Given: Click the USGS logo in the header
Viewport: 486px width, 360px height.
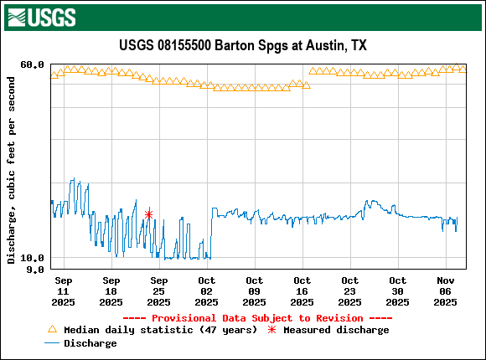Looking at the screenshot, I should point(41,16).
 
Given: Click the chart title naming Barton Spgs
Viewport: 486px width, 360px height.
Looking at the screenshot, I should point(242,45).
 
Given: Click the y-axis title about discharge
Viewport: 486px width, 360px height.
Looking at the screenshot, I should point(12,170).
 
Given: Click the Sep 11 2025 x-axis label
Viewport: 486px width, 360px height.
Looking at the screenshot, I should point(63,291).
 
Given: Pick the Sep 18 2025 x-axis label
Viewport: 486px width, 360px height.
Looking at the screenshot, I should point(111,291).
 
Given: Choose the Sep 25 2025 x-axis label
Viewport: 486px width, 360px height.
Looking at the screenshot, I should point(158,291).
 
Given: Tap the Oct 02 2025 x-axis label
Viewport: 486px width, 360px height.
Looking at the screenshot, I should point(206,291).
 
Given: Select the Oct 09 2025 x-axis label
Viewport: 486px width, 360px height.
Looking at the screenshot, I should point(254,291).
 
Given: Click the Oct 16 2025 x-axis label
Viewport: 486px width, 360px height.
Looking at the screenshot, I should point(302,291).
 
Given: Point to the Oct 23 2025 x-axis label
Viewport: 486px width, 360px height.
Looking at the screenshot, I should point(349,291).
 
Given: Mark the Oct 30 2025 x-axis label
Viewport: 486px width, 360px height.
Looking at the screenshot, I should point(397,291).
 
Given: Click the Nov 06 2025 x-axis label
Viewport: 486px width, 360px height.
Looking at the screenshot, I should point(445,291).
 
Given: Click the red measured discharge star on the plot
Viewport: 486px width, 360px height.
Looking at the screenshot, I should point(149,214).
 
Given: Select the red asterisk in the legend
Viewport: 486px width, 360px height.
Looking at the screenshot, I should point(271,330).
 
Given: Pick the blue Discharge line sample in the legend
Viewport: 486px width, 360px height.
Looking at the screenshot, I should point(53,343).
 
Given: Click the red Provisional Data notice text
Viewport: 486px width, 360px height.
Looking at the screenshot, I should point(242,318).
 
